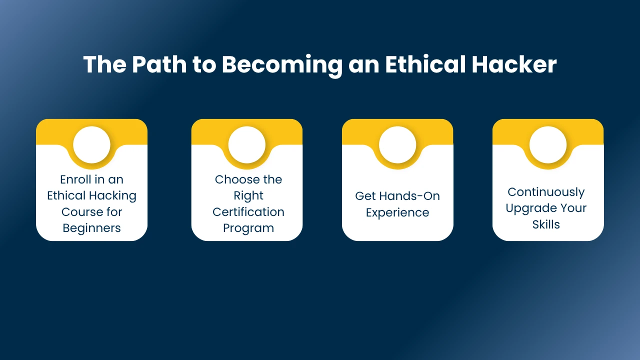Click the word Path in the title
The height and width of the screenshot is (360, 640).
159,64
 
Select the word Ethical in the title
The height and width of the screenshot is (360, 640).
425,64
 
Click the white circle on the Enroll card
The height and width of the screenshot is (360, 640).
91,145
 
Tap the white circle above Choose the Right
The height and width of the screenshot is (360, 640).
247,145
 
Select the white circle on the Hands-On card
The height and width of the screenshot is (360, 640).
397,145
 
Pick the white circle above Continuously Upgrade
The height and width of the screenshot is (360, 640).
548,145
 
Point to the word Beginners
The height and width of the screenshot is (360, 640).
91,228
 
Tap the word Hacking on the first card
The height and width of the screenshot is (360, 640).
112,196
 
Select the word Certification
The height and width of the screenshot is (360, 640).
248,212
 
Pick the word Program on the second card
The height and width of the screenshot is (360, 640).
248,228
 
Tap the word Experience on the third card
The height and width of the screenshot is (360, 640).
397,213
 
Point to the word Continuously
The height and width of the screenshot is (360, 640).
546,192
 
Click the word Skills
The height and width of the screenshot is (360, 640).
546,224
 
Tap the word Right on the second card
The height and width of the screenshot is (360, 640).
248,196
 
